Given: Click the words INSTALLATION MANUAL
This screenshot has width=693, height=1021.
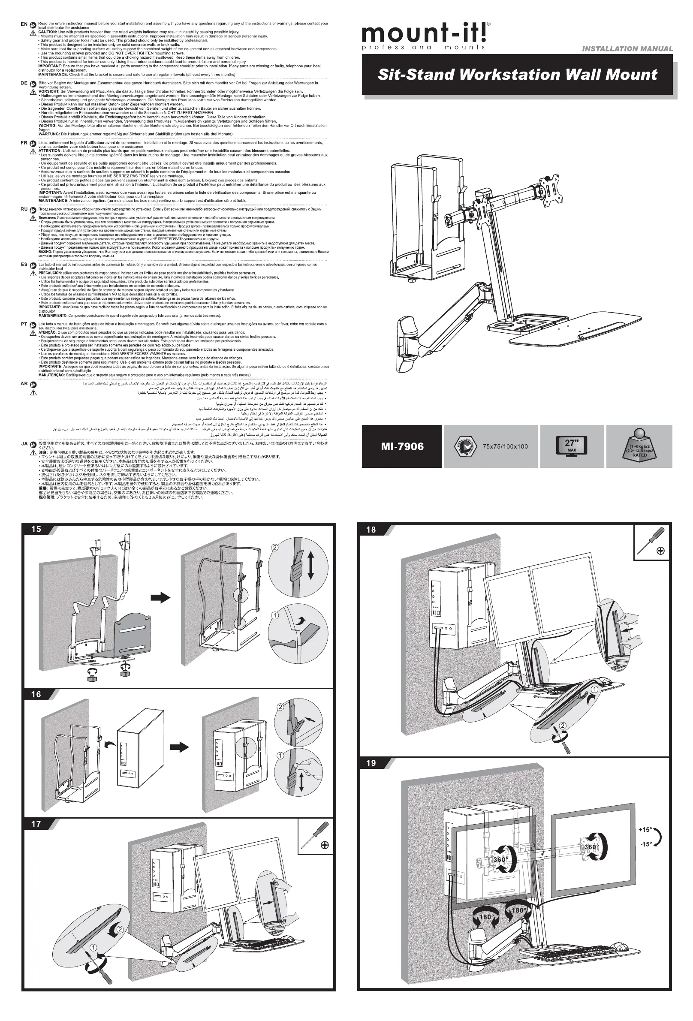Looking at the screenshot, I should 627,49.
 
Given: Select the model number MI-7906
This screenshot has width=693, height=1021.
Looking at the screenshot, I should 402,446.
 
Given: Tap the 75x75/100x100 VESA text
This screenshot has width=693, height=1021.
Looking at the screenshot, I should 505,446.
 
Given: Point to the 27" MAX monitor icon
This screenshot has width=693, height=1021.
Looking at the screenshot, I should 571,446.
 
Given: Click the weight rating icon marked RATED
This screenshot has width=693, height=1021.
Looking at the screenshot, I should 639,446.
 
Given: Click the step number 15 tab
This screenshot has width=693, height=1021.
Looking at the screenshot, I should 36,529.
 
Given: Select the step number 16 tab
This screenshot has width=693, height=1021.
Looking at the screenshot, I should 36,694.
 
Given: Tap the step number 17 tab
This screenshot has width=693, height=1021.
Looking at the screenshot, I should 36,824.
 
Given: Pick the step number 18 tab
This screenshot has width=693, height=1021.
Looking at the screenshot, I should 371,530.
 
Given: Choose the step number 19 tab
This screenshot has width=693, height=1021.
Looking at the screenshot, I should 371,763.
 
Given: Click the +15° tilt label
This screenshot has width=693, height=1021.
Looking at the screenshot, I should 645,830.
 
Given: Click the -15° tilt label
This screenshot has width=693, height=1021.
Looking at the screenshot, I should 645,844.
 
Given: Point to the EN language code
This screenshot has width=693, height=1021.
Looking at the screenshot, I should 24,24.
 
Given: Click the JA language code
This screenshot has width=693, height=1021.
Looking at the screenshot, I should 24,444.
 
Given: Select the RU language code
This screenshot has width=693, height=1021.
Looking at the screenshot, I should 24,209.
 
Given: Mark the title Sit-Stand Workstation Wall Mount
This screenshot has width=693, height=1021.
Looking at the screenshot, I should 517,75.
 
